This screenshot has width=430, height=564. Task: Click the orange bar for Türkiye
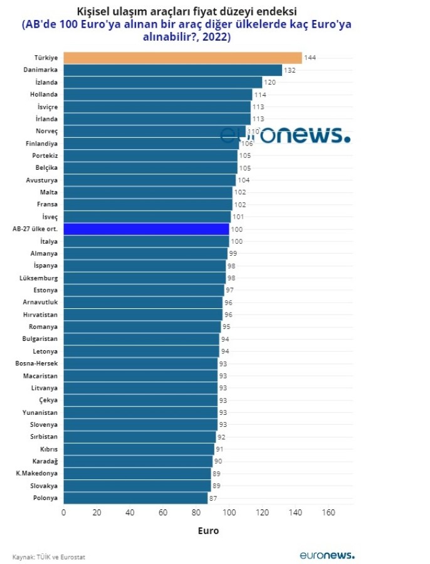[x=182, y=58]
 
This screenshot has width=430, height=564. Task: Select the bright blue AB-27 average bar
[x=146, y=229]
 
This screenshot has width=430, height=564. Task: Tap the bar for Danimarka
[x=172, y=70]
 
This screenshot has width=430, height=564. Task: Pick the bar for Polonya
[x=135, y=498]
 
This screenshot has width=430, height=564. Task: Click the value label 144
[x=310, y=58]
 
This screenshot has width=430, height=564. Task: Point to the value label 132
[x=290, y=70]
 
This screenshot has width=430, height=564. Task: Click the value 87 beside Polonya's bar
[x=213, y=498]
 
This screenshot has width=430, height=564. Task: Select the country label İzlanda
[x=46, y=82]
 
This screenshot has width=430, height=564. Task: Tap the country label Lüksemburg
[x=39, y=278]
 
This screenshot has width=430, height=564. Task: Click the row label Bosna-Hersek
[x=36, y=363]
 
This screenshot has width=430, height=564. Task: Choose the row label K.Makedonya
[x=37, y=474]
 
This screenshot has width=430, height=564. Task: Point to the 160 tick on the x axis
[x=328, y=513]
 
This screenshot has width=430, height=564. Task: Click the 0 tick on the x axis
[x=63, y=513]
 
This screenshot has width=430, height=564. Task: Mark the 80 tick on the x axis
[x=196, y=513]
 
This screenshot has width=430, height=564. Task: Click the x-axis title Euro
[x=208, y=531]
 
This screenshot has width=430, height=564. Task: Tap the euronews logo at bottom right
[x=327, y=555]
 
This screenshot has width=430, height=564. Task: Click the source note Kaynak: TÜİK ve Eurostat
[x=49, y=556]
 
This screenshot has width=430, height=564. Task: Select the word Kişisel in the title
[x=94, y=12]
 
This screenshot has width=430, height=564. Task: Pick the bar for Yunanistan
[x=140, y=412]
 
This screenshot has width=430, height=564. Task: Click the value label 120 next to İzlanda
[x=270, y=83]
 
